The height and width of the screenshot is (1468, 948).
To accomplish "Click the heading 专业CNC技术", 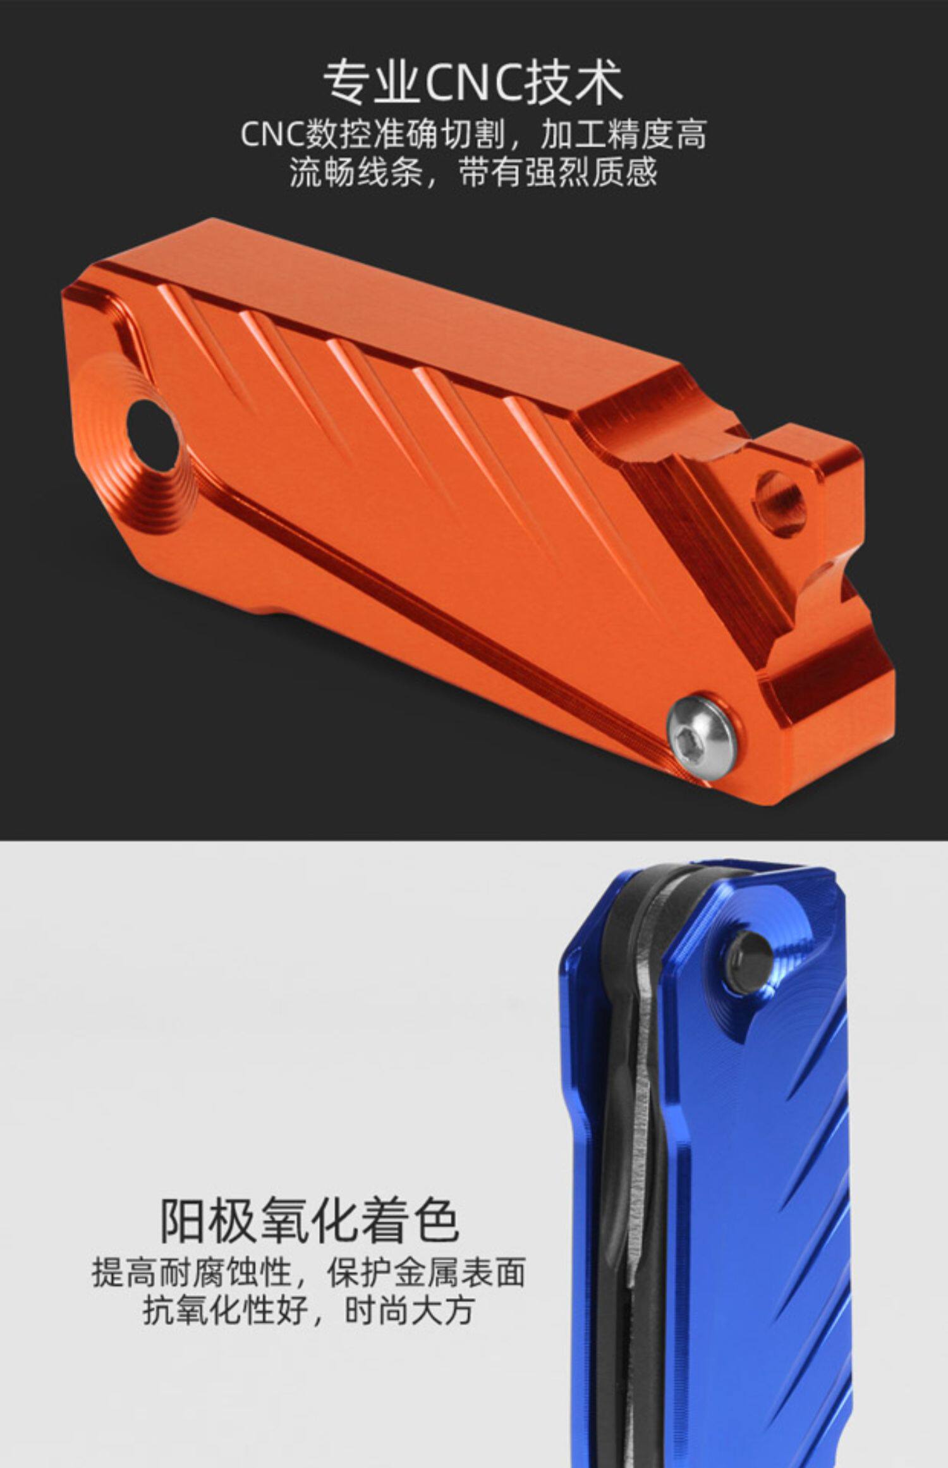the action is click(x=473, y=83).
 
